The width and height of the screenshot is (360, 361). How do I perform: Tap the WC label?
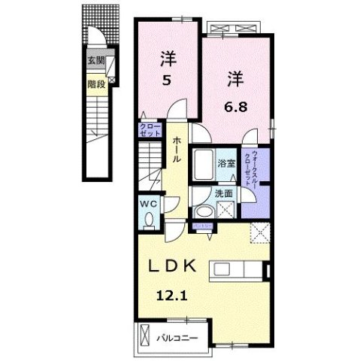tap(147, 203)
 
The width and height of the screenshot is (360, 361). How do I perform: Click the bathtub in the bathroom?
tap(203, 162)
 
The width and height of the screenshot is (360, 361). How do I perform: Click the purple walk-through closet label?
tap(257, 169)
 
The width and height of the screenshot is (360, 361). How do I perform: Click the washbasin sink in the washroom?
tap(203, 211)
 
